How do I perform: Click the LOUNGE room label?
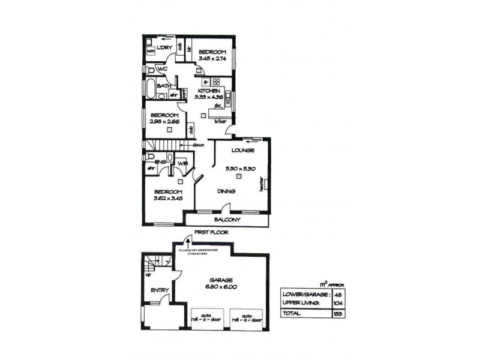(241, 150)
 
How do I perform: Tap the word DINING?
(226, 191)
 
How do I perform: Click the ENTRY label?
(159, 290)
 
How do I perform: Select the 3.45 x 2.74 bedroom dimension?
(213, 59)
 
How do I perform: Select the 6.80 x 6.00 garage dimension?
(220, 287)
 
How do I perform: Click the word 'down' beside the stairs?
(199, 145)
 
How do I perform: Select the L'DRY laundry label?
(165, 49)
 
